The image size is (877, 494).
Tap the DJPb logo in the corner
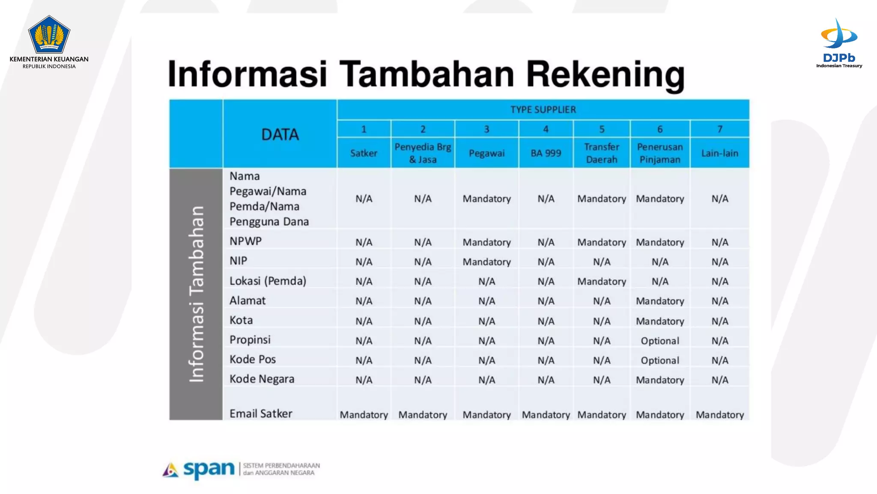[x=839, y=43]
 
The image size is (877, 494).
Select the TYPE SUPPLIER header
[x=543, y=110]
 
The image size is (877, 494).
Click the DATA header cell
[x=280, y=135]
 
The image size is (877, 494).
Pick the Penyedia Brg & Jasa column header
[x=423, y=153]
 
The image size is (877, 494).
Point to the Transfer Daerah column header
[x=602, y=153]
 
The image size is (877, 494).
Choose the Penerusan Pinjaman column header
[x=660, y=153]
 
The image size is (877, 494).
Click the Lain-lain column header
[x=719, y=153]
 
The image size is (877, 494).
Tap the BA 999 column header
[x=546, y=153]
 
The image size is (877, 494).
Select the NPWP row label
[x=245, y=241]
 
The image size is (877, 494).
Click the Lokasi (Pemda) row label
[x=268, y=281]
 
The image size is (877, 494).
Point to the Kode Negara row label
[x=262, y=379]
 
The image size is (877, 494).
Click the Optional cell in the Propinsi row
[x=660, y=341]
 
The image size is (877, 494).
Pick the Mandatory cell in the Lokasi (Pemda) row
[x=602, y=282]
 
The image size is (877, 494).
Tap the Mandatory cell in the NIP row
[x=486, y=262]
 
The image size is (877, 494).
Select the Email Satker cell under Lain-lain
[x=719, y=415]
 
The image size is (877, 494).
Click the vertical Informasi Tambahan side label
[x=196, y=294]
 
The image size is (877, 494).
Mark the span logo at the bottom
[x=199, y=470]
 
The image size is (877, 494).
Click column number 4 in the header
[x=546, y=129]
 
